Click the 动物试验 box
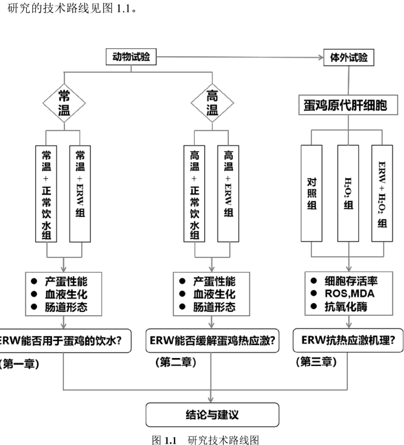(x=131, y=57)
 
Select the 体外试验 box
(x=349, y=58)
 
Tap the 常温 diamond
(x=64, y=103)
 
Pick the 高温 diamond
(x=212, y=103)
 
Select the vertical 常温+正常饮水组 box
(x=46, y=194)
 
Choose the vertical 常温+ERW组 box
(x=80, y=194)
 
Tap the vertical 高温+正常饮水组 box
(x=194, y=194)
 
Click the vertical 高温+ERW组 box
(x=228, y=194)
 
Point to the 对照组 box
(x=312, y=193)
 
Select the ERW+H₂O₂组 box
(x=382, y=193)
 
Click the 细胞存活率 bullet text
(x=351, y=281)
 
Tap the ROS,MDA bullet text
(x=349, y=294)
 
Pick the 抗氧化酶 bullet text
(x=346, y=307)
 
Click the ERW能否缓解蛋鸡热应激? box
(x=212, y=341)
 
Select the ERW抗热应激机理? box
(x=348, y=340)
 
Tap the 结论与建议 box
(x=212, y=415)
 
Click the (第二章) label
(x=176, y=362)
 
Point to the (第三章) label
(x=316, y=362)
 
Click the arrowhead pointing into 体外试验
(x=320, y=57)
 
